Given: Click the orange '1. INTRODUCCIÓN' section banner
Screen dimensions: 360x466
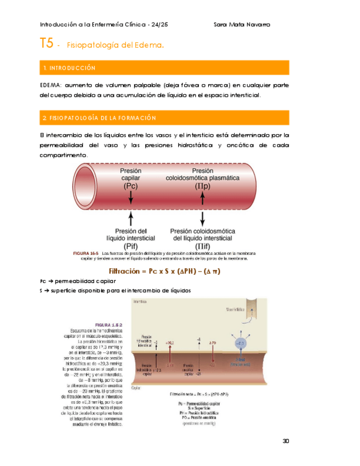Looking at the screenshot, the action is coord(165,68).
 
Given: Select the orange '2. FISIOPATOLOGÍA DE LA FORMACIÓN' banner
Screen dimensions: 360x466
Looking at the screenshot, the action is coord(165,118).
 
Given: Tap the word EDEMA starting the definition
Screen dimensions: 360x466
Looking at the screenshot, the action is coord(50,86).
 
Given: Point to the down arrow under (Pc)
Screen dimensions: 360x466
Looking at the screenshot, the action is coord(131,203).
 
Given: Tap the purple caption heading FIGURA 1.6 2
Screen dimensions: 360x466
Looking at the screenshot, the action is coord(109,325).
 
